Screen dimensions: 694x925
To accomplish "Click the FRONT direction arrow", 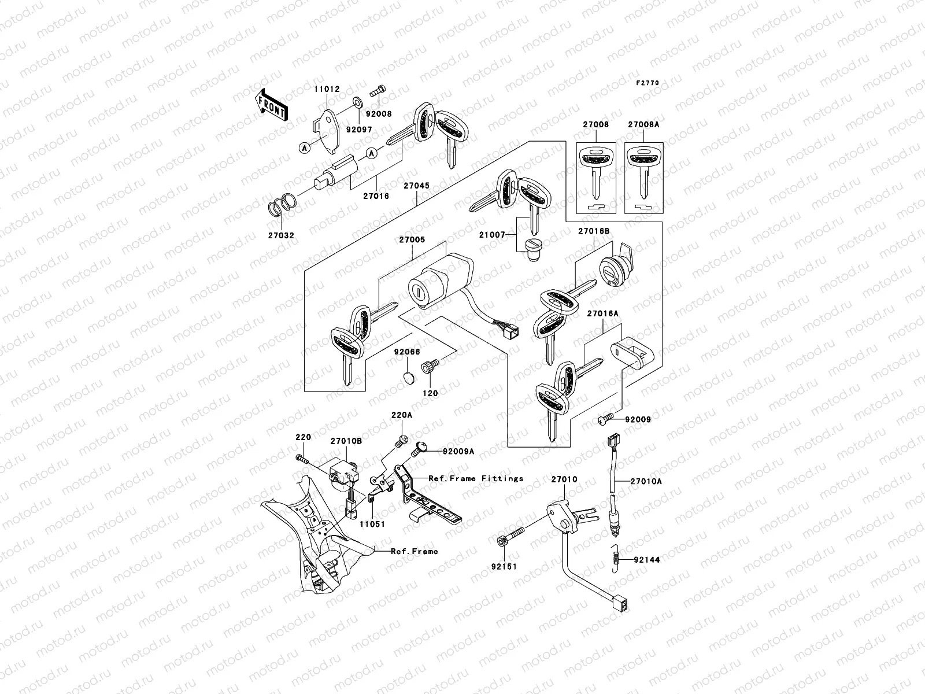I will pyautogui.click(x=272, y=105).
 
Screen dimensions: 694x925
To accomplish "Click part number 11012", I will pyautogui.click(x=327, y=90).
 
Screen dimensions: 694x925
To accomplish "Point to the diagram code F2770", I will pyautogui.click(x=647, y=83).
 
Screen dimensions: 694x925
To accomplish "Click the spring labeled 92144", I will pyautogui.click(x=617, y=559).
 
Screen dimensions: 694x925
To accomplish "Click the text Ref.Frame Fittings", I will pyautogui.click(x=476, y=478).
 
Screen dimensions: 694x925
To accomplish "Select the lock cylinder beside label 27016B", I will pyautogui.click(x=614, y=268).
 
